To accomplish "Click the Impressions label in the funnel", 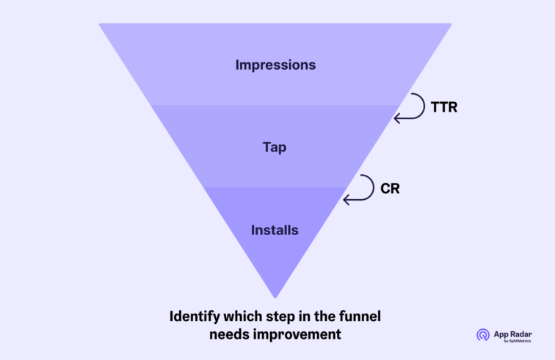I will (x=275, y=65).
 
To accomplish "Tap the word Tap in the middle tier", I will (x=275, y=147).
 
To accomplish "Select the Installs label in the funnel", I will (x=275, y=230).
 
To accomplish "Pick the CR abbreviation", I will (x=390, y=188).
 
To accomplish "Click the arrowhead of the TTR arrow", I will (x=397, y=118).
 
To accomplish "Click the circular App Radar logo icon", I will (x=482, y=335).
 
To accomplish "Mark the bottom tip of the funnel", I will (x=275, y=296).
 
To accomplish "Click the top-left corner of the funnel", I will (x=101, y=25).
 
